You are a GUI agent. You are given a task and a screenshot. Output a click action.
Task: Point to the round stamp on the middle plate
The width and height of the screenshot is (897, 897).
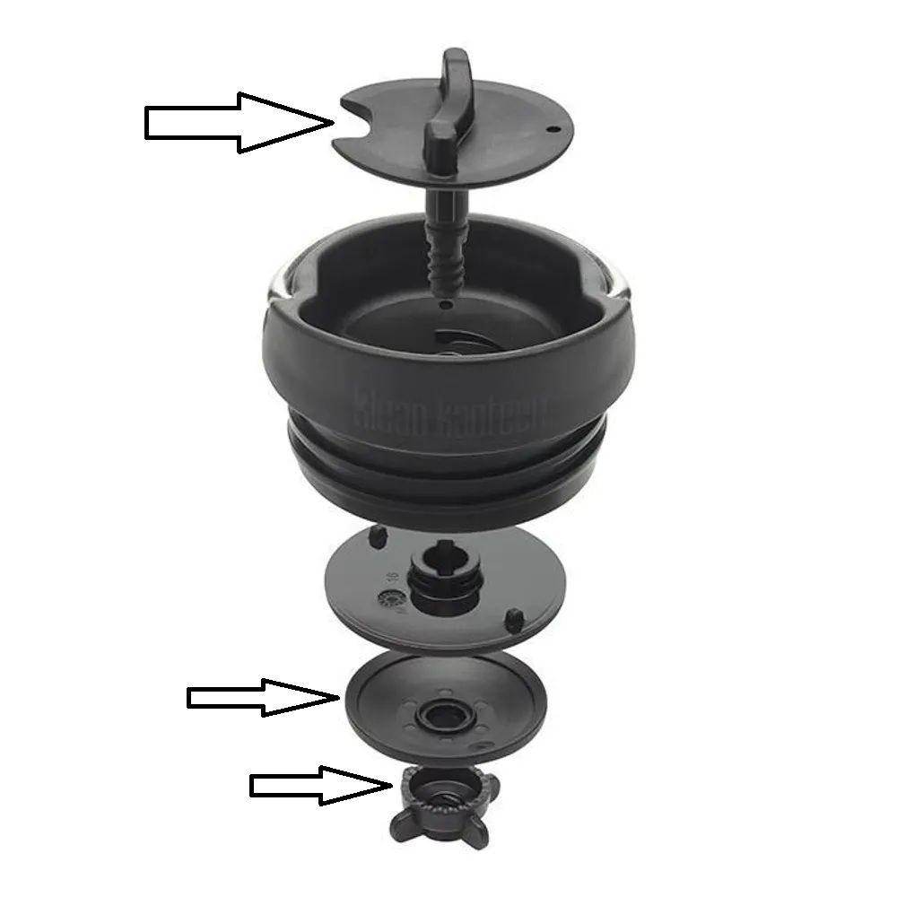click(390, 598)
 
